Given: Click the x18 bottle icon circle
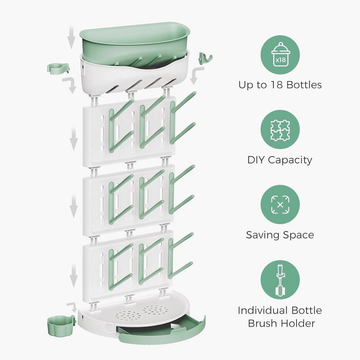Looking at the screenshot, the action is pyautogui.click(x=280, y=55).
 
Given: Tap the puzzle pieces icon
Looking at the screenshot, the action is pyautogui.click(x=280, y=130).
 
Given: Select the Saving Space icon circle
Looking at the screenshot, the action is pyautogui.click(x=280, y=205).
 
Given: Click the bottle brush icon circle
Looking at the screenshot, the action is pyautogui.click(x=280, y=280).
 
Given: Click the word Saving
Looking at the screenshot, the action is pyautogui.click(x=263, y=235).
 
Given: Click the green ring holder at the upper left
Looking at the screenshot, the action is pyautogui.click(x=58, y=68).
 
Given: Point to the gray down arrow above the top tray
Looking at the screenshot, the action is pyautogui.click(x=71, y=38).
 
